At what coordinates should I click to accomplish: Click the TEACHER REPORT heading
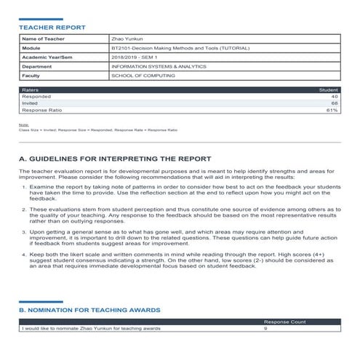[x=52, y=27]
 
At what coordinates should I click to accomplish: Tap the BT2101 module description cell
[x=180, y=48]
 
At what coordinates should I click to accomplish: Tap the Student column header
[x=329, y=90]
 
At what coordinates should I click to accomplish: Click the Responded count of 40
[x=334, y=97]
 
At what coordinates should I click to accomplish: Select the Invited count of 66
[x=334, y=103]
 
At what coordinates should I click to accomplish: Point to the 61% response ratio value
[x=332, y=110]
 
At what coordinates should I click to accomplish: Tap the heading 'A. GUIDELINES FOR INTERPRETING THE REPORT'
[x=115, y=158]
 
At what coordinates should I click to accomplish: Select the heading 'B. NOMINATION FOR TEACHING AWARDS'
[x=89, y=310]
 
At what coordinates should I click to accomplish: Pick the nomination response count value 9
[x=265, y=328]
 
